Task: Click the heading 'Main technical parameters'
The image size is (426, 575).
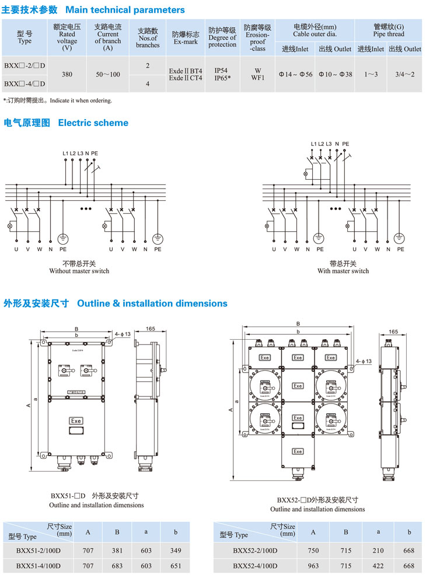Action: coord(125,10)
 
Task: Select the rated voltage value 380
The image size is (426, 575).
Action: coord(67,74)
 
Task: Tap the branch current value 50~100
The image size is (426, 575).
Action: coord(108,74)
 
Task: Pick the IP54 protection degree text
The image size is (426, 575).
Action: coord(221,70)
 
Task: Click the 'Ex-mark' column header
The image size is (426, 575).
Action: coord(186,42)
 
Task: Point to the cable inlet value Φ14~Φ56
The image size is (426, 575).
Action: coord(295,74)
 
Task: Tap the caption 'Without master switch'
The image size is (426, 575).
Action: coord(79,271)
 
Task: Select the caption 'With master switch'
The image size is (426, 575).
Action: coord(343,271)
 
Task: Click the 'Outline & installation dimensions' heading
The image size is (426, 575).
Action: coord(152,304)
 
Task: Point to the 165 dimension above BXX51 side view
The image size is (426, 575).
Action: coord(150,329)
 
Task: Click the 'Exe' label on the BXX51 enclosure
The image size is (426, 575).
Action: coord(75,420)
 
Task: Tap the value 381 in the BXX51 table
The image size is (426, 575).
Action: coord(117,550)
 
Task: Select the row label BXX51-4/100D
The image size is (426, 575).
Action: coord(39,566)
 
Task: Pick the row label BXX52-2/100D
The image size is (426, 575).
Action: coord(255,550)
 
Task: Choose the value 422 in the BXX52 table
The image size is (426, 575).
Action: coord(378,566)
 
